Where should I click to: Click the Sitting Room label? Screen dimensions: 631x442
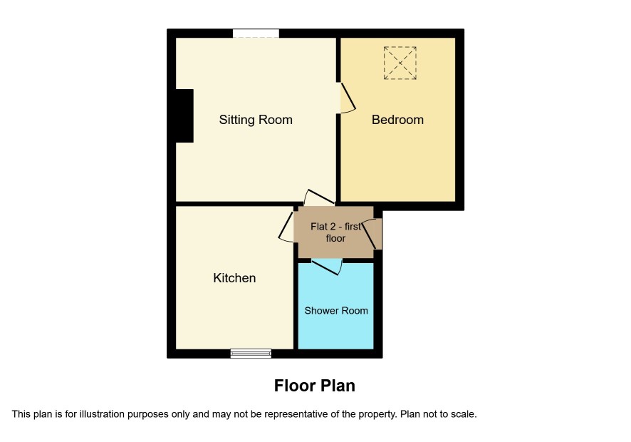[256, 120]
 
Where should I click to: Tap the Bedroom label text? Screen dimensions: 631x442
[397, 120]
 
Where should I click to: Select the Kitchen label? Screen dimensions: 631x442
[234, 278]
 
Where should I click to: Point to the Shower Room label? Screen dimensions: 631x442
[336, 311]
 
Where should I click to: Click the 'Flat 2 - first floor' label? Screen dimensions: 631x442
[335, 232]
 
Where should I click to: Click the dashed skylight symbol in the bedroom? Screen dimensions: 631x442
[400, 63]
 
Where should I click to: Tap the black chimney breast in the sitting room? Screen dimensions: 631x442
[184, 115]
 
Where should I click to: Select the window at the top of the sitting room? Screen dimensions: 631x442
[256, 34]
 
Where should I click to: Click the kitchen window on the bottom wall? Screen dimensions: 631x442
[251, 354]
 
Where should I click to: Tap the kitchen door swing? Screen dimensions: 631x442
[286, 227]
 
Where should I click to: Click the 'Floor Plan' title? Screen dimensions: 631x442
[315, 386]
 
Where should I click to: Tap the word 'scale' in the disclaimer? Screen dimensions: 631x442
[465, 413]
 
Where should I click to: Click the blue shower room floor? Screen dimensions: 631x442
[335, 322]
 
